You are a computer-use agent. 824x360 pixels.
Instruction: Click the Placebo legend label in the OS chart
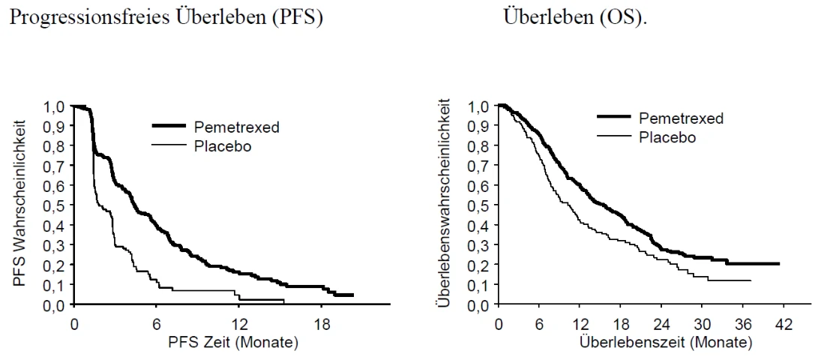[667, 137]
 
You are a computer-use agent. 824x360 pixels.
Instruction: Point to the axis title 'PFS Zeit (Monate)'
[233, 343]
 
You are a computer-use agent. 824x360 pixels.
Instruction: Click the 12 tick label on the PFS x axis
[240, 325]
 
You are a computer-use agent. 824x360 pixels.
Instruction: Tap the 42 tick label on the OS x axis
[784, 325]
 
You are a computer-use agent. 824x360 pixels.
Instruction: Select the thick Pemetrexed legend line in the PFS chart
[169, 125]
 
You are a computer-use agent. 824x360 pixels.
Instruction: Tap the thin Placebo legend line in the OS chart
[614, 136]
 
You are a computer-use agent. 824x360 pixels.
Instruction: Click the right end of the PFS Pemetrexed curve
[352, 295]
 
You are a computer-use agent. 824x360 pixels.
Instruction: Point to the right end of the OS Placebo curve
[751, 280]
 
